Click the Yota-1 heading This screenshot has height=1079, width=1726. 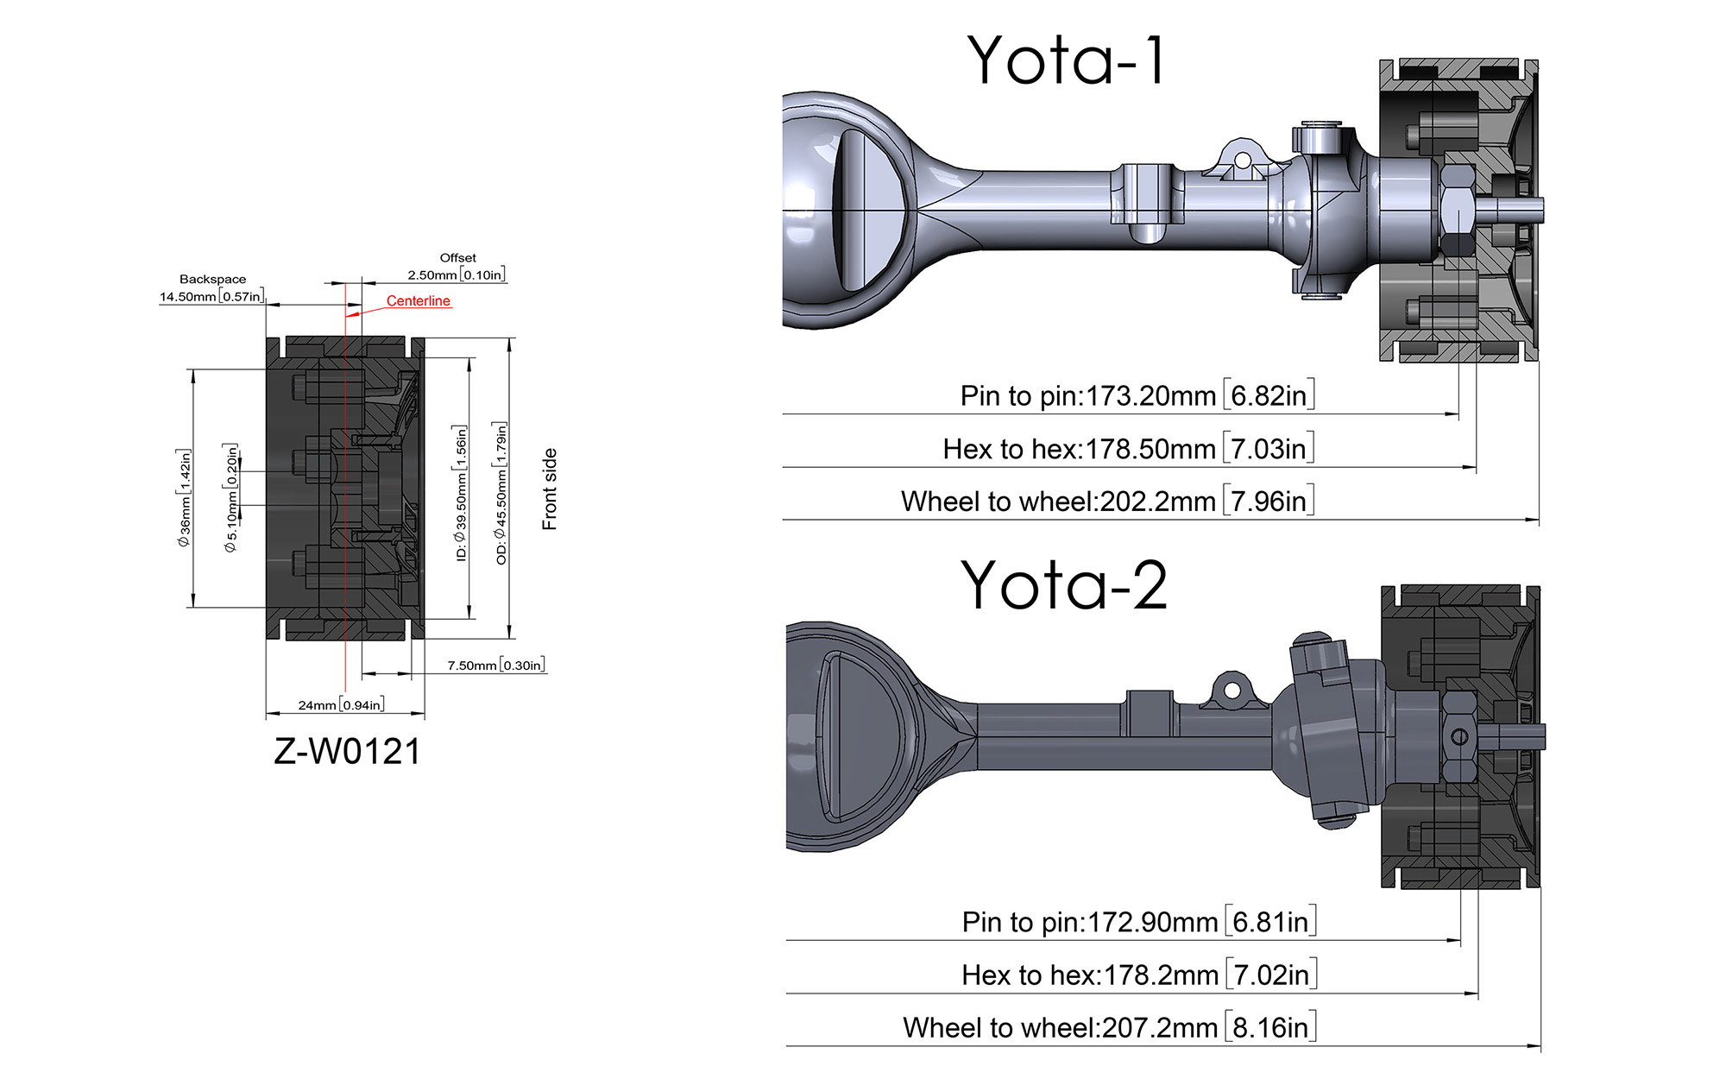click(1067, 60)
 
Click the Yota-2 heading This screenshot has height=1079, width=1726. click(1064, 585)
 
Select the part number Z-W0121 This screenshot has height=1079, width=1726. click(348, 751)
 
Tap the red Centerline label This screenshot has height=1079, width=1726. click(419, 300)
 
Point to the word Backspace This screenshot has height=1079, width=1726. click(212, 279)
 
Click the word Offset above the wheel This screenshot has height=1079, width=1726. click(457, 257)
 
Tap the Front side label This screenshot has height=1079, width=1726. click(550, 489)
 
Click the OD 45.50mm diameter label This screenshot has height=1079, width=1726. click(501, 493)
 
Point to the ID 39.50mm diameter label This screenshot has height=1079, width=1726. click(461, 493)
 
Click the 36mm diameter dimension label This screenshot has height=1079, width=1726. click(184, 497)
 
